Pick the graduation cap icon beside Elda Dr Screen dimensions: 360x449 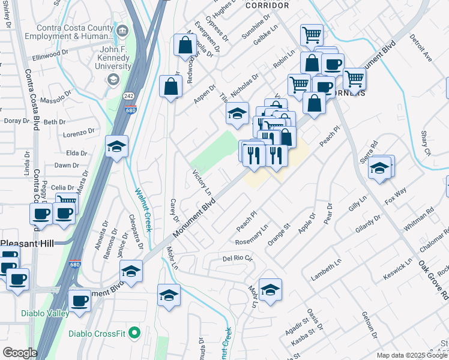coord(116,146)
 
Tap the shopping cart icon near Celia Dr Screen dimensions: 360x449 coord(66,202)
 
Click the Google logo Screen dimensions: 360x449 coord(20,353)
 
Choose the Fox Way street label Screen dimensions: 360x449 coord(395,197)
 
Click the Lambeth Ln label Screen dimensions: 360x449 coord(326,268)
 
